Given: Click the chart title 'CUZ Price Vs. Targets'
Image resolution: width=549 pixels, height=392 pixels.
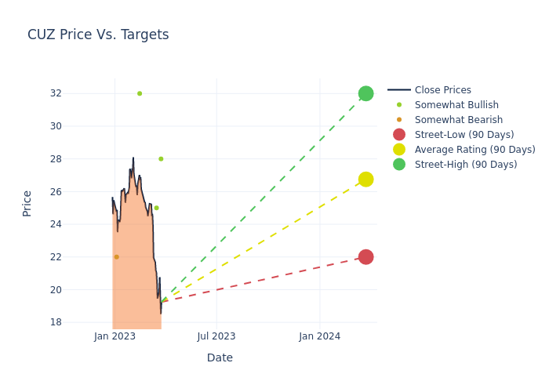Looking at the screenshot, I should click(x=98, y=34).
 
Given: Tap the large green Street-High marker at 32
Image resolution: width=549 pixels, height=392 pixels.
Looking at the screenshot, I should click(x=365, y=93).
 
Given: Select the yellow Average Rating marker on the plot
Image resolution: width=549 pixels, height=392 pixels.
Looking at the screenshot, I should click(x=365, y=180).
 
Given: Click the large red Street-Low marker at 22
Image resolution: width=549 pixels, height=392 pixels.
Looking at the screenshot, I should click(x=365, y=257).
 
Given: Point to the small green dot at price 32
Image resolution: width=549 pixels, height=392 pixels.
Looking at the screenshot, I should click(x=140, y=93).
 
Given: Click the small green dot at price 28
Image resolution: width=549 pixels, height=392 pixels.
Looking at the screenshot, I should click(x=161, y=159).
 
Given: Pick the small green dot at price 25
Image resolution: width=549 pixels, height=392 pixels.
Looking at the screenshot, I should click(x=156, y=208).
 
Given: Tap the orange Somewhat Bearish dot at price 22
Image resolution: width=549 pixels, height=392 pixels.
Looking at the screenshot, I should click(x=117, y=257).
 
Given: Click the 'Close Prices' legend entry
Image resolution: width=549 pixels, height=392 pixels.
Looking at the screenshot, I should click(x=442, y=90).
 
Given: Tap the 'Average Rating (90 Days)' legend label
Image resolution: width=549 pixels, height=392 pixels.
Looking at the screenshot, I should click(x=474, y=150).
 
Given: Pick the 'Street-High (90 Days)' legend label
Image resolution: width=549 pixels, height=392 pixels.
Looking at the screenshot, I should click(x=466, y=165).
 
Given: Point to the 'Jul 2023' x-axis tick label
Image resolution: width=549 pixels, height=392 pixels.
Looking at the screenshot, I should click(x=216, y=336).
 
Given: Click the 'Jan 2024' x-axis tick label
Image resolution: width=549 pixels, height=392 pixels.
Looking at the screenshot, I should click(x=320, y=336).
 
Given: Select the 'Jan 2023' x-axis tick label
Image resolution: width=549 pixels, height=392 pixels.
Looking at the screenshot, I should click(x=115, y=336).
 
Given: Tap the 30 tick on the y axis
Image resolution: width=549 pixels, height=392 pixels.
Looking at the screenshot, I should click(x=55, y=126).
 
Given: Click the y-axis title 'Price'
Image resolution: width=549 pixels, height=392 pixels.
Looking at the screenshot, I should click(x=27, y=203).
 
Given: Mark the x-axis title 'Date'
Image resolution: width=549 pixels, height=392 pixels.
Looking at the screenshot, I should click(x=220, y=358).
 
